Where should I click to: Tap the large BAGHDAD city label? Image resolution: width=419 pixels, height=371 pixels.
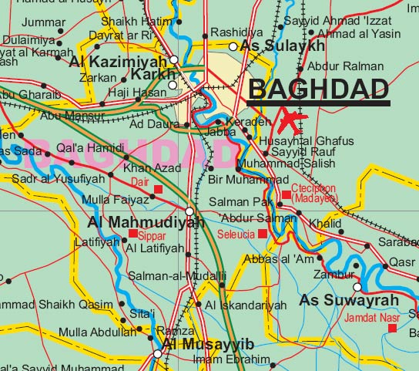[x=318, y=90]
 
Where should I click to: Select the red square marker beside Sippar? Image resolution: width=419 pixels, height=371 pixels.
[x=132, y=233]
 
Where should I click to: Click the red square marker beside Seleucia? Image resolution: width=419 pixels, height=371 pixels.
[x=263, y=234]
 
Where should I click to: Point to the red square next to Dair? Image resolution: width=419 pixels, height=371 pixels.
[x=159, y=189]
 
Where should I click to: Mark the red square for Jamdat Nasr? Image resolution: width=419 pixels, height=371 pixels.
[x=393, y=328]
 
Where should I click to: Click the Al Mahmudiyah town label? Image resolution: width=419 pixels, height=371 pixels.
[x=145, y=222]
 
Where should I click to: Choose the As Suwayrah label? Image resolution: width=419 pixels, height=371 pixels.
[x=349, y=299]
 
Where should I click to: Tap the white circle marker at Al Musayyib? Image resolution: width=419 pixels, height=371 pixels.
[x=157, y=354]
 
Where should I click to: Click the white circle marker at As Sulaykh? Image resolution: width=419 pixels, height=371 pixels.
[x=233, y=47]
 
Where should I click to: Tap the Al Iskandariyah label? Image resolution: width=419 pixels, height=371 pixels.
[x=246, y=305]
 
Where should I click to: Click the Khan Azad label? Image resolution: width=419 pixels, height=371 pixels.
[x=153, y=168]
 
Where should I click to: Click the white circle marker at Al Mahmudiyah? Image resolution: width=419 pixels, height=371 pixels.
[x=189, y=211]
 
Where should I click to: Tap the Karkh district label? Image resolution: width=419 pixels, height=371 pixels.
[x=154, y=75]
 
